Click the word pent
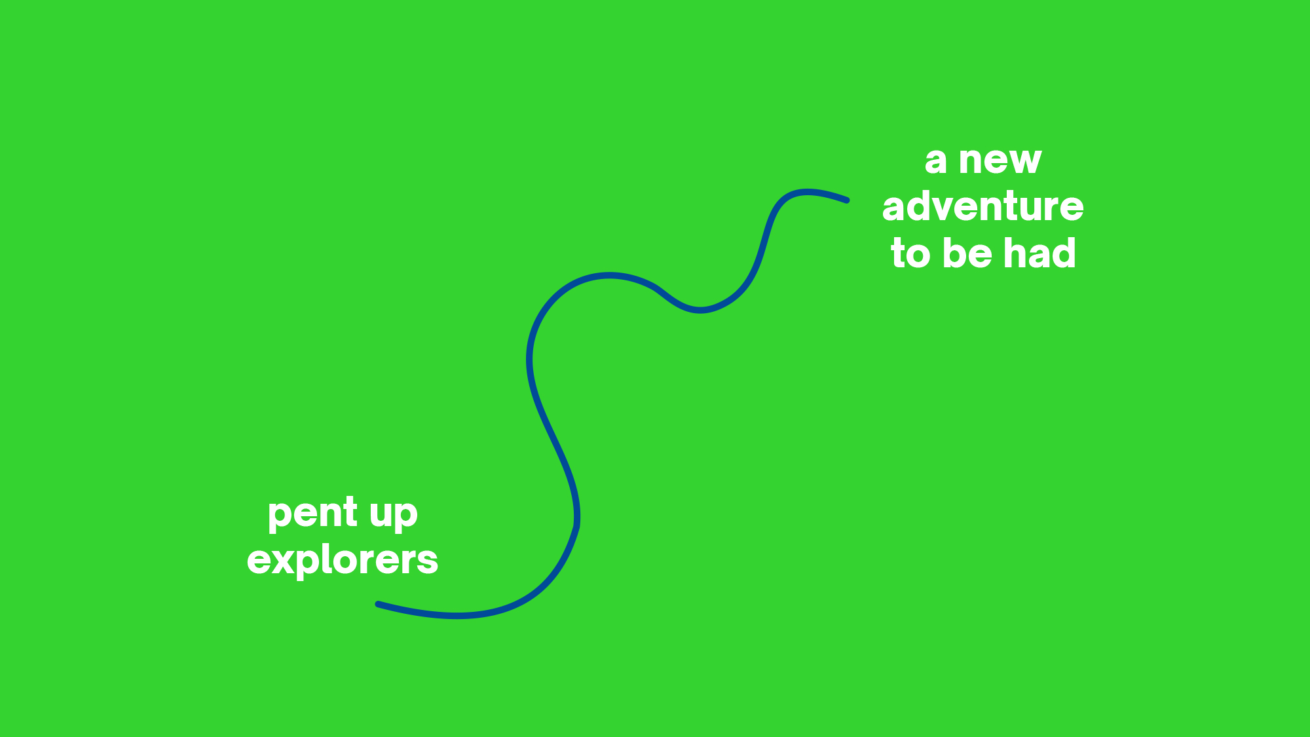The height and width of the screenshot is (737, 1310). tap(312, 514)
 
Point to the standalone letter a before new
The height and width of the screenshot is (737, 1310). tap(935, 161)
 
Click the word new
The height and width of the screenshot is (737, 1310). tap(1000, 161)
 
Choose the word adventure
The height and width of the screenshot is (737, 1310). tap(982, 206)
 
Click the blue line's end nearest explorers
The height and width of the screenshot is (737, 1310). tap(378, 604)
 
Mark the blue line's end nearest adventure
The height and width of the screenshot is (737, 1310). tap(847, 200)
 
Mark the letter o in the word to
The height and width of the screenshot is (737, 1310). tap(919, 255)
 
